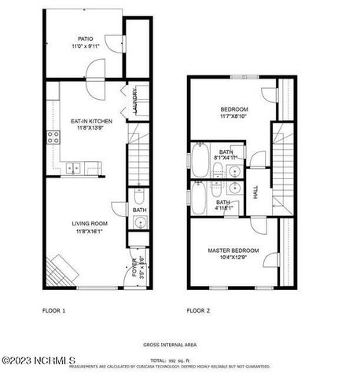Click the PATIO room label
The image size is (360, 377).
[x=85, y=38]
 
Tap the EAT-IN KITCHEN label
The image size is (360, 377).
[x=92, y=120]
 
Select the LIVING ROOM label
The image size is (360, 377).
[x=91, y=223]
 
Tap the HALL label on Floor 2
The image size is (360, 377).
[x=255, y=191]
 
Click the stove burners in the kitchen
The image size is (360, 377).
[x=54, y=137]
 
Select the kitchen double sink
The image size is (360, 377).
[x=73, y=167]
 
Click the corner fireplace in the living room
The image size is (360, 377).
[x=63, y=272]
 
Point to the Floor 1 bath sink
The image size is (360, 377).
[x=139, y=224]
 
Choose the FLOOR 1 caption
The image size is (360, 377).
[x=53, y=311]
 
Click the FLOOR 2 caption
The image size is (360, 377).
[x=198, y=311]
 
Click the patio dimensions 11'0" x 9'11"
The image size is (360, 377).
[x=85, y=46]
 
